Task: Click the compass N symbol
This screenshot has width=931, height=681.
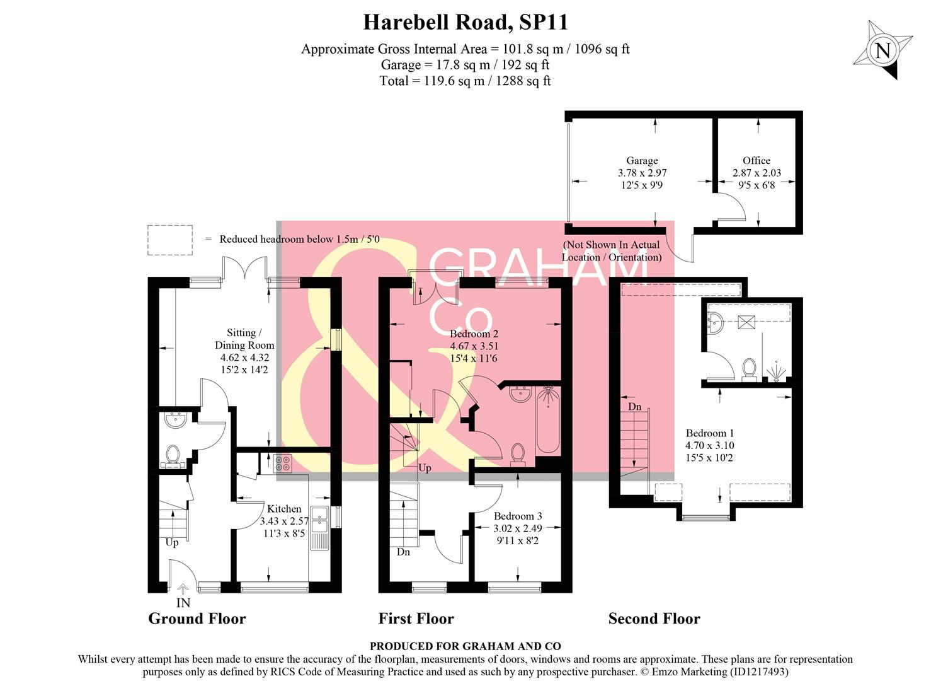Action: (x=883, y=50)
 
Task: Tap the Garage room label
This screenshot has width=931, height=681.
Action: (x=642, y=161)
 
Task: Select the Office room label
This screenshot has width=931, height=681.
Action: (x=756, y=161)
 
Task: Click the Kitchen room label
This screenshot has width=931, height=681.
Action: (x=284, y=509)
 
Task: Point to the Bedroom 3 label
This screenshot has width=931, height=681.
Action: (x=518, y=516)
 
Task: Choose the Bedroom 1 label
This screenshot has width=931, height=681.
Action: (x=710, y=433)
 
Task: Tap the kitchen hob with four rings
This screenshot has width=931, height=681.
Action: (x=283, y=463)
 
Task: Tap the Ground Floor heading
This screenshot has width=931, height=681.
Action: (x=197, y=619)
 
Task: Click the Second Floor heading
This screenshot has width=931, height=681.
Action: (x=654, y=619)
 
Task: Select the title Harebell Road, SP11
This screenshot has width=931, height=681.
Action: (x=466, y=23)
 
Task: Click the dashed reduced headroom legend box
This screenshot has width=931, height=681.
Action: (x=170, y=240)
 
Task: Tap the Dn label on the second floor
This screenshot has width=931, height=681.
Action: (x=634, y=407)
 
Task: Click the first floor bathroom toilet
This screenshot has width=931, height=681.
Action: (x=518, y=453)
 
